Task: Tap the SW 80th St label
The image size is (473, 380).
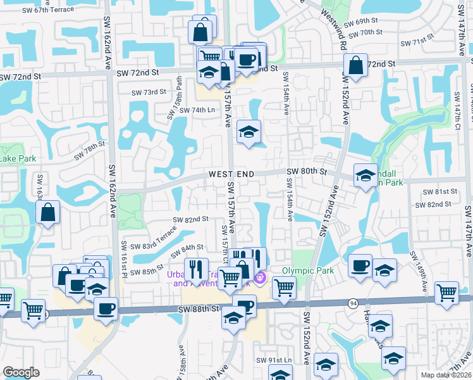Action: coord(307,172)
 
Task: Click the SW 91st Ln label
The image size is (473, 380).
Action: coord(274,360)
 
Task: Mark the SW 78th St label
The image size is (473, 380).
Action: coord(89,151)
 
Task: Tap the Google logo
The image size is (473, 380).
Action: coord(21,372)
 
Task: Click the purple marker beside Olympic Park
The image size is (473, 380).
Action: coord(259,277)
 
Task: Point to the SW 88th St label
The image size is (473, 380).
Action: coord(199,308)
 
